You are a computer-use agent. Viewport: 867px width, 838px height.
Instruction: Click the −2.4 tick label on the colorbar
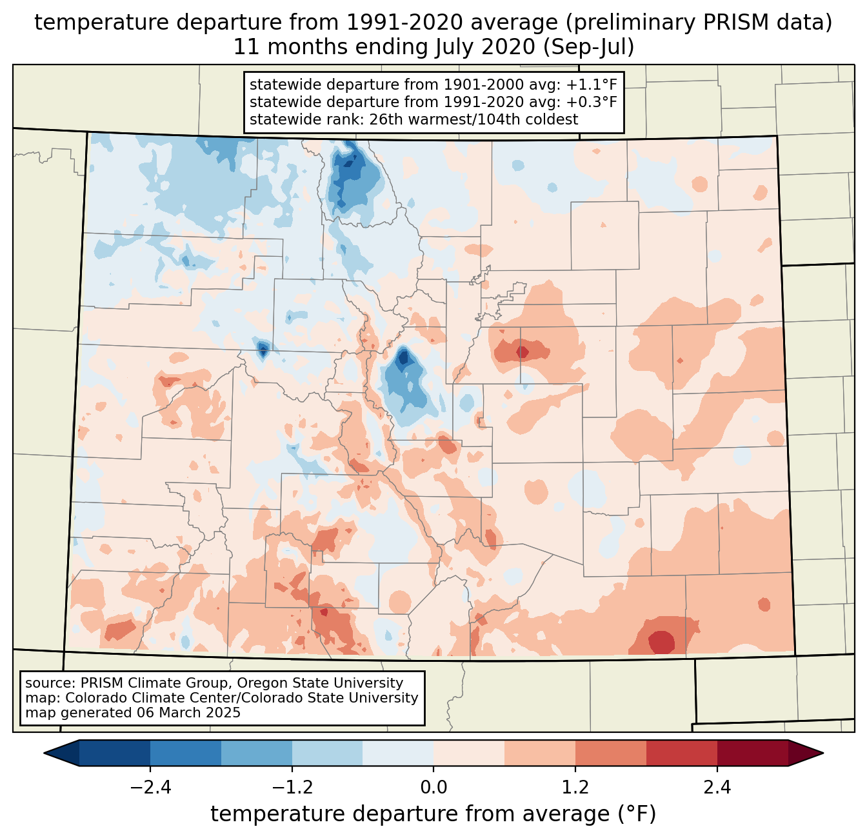pos(150,788)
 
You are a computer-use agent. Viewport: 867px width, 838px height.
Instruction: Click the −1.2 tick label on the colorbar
pos(292,788)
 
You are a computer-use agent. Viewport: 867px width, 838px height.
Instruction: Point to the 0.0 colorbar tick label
pos(433,788)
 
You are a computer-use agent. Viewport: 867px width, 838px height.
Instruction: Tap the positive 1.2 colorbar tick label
pos(575,788)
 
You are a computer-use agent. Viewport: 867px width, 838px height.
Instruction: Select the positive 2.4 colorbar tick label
pos(717,788)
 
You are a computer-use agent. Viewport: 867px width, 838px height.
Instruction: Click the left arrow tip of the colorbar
pos(46,753)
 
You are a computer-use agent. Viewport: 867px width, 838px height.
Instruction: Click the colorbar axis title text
pos(433,814)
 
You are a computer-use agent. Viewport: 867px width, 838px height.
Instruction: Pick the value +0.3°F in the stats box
pos(592,102)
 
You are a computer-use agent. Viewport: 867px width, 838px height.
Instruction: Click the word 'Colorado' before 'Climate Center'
pos(94,698)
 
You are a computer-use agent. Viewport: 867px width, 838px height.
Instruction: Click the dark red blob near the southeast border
pos(661,643)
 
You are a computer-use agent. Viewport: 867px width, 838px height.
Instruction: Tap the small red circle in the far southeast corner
pos(764,604)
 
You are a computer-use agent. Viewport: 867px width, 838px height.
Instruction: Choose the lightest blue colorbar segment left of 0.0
pos(398,753)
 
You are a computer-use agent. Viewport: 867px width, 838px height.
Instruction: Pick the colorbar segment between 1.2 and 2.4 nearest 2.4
pos(681,753)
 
